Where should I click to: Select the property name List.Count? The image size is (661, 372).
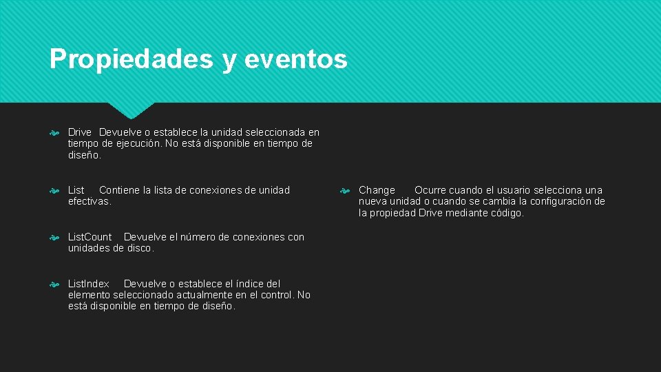(x=90, y=237)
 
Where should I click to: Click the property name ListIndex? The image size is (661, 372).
(x=89, y=284)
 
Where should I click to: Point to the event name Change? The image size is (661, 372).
(x=377, y=190)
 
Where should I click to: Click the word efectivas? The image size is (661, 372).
(x=90, y=201)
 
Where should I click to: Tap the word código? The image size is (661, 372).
(x=506, y=213)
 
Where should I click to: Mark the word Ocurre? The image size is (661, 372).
(x=431, y=190)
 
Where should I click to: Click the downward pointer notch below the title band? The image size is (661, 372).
(x=132, y=111)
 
